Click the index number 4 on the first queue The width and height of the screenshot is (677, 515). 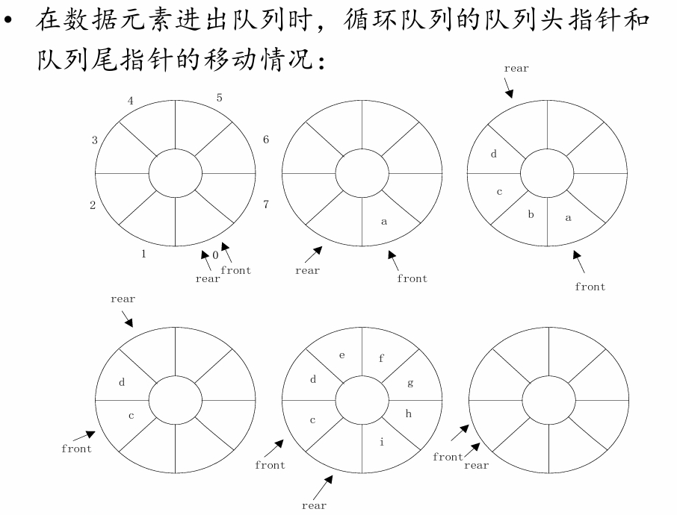tap(131, 101)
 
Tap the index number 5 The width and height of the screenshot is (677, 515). tap(219, 97)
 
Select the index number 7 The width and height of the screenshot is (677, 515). tap(265, 204)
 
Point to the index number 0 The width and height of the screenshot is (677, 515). tap(215, 255)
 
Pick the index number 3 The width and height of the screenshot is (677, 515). tap(95, 140)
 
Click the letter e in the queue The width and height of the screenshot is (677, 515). tap(342, 355)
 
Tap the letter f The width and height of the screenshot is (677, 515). tap(381, 358)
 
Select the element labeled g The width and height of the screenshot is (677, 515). tap(409, 383)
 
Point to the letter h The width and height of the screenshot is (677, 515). tap(409, 413)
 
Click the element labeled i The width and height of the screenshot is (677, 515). tap(382, 442)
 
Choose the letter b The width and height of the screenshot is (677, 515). tap(531, 215)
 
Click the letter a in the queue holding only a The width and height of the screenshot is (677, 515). tap(384, 221)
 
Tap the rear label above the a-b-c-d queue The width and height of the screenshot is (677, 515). tap(516, 69)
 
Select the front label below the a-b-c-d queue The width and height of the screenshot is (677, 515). tap(590, 287)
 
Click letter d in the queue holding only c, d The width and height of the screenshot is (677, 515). tap(122, 383)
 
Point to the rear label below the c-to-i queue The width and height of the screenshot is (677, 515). tap(314, 505)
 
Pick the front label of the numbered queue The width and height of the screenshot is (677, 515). tap(235, 270)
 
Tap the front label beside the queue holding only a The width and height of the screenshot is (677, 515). tap(412, 278)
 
